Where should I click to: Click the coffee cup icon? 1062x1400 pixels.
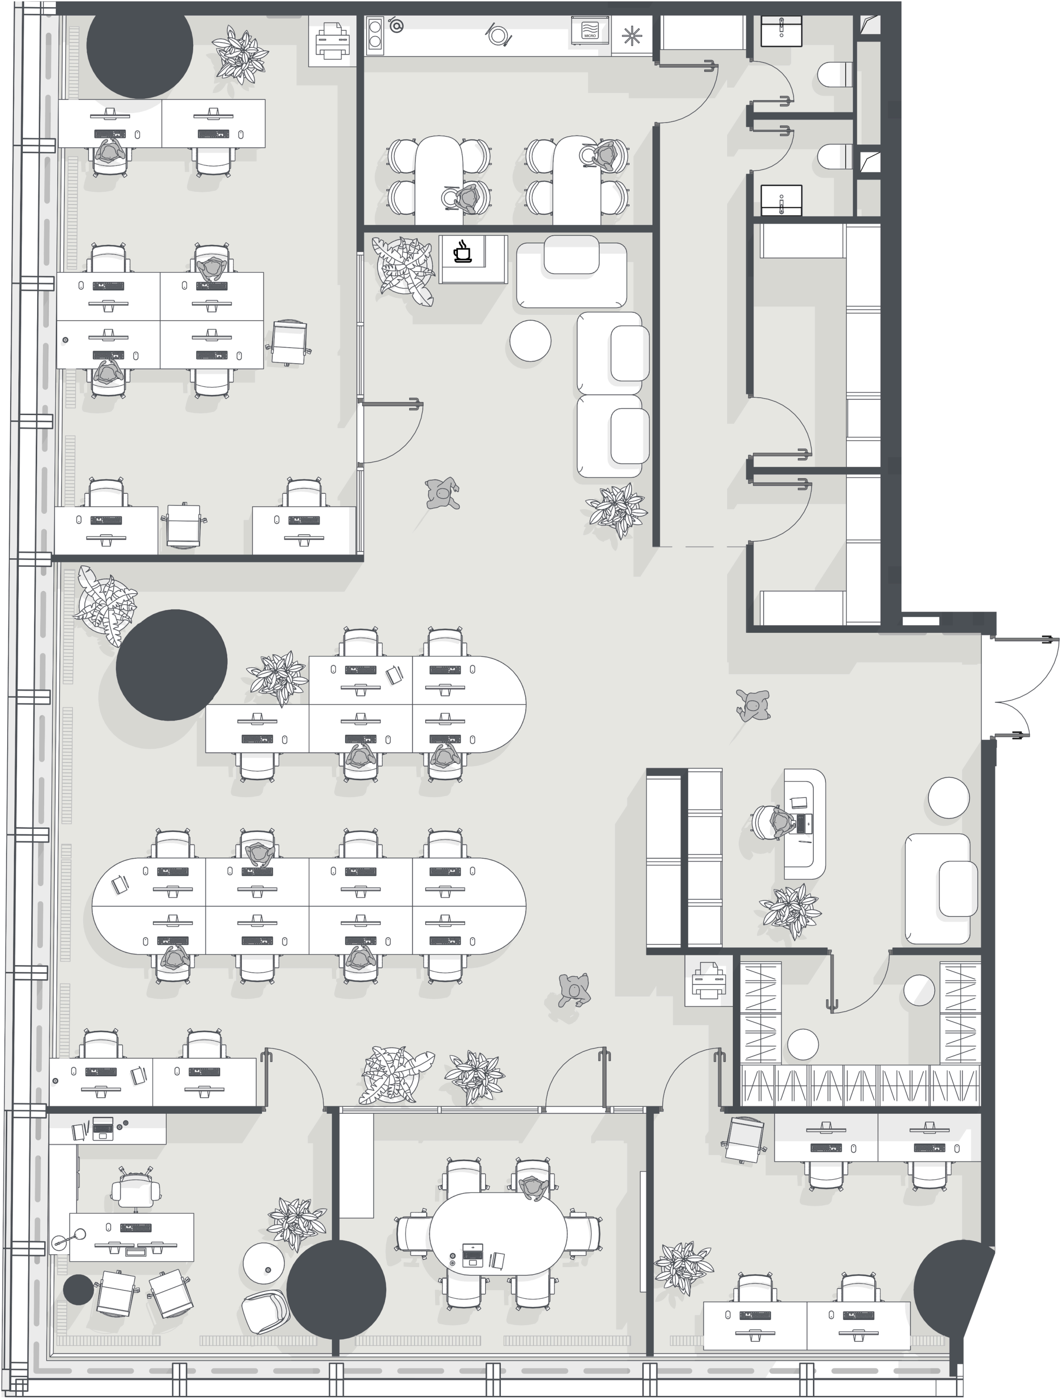(x=463, y=251)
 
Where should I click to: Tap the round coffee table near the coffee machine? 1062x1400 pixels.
(x=530, y=340)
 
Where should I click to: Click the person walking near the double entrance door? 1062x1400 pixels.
(x=753, y=706)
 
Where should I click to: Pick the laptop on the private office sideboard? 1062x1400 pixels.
(x=102, y=1128)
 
